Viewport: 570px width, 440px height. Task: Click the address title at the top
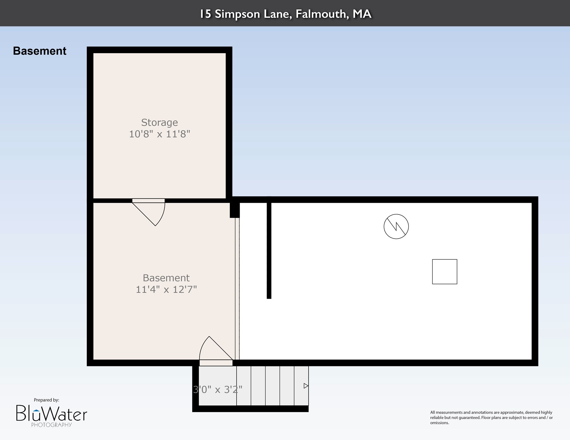coord(286,14)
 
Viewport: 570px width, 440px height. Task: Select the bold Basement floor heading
coord(40,51)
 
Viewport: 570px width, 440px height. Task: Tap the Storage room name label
coord(159,123)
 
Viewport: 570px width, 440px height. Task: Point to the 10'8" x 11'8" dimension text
coord(159,134)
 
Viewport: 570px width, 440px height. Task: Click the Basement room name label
coord(166,278)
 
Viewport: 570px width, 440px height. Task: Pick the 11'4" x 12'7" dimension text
coord(166,289)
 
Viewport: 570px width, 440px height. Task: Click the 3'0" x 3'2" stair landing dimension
coord(218,390)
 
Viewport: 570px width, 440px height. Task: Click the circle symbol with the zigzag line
coord(396,226)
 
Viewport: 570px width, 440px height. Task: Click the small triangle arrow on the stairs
coord(306,386)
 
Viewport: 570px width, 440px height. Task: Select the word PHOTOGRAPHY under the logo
coord(52,425)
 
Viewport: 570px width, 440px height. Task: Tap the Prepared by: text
coord(46,400)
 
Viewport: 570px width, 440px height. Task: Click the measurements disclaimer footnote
coord(491,417)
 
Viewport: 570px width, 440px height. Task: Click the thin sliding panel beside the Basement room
coord(237,289)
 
